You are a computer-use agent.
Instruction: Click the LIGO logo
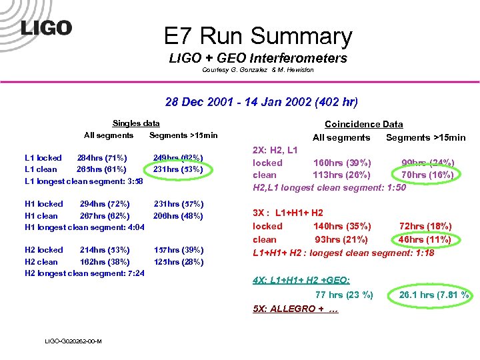click(46, 28)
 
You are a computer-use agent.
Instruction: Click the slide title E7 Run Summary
click(257, 36)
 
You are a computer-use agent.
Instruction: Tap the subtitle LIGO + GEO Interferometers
click(258, 59)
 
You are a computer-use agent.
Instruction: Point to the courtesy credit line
click(257, 70)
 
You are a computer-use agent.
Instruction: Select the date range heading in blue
click(261, 103)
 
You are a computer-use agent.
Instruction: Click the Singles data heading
click(136, 123)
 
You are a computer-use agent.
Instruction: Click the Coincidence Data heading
click(363, 124)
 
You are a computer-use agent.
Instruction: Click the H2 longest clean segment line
click(85, 273)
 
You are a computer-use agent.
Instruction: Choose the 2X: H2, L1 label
click(275, 151)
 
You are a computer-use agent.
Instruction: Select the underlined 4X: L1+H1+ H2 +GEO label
click(301, 281)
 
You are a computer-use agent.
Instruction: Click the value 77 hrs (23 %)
click(344, 295)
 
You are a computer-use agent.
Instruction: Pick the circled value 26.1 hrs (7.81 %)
click(434, 295)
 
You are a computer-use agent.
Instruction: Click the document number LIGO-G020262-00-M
click(73, 341)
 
